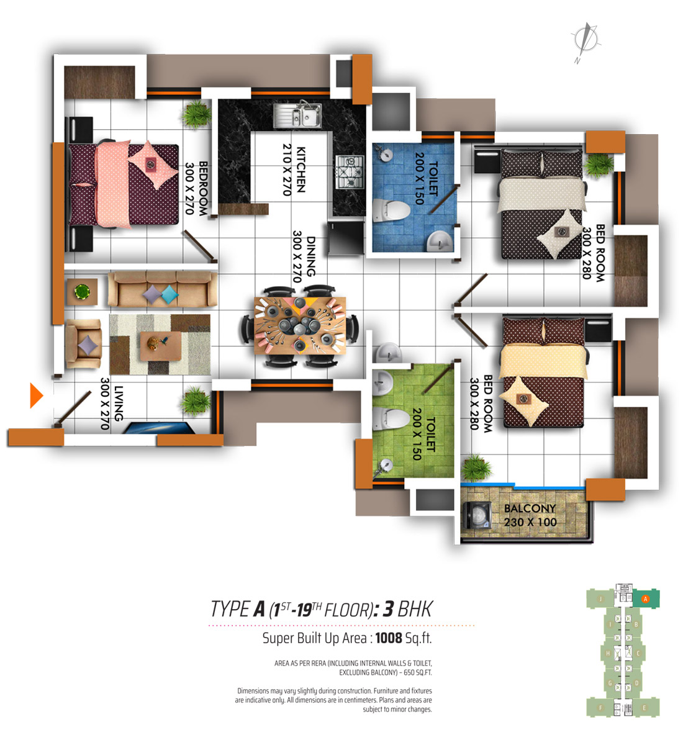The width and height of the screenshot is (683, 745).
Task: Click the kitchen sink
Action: [297, 115]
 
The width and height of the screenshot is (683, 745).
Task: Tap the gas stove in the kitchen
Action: [350, 172]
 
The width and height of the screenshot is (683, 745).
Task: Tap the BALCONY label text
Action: [530, 508]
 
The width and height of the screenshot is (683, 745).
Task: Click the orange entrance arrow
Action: [37, 395]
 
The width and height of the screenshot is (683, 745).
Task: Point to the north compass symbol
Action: [586, 42]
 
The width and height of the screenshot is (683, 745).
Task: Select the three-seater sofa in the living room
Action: [163, 289]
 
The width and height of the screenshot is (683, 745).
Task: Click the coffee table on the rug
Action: [161, 346]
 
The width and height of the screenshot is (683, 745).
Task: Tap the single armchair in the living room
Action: [83, 343]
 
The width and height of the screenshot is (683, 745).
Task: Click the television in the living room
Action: [159, 428]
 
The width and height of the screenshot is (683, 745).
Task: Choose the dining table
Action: [300, 326]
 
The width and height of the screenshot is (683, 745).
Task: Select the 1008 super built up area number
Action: [389, 638]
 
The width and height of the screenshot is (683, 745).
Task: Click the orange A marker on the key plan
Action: [646, 598]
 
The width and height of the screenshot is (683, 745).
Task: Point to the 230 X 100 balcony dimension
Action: [530, 522]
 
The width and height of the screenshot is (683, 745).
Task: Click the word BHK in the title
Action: [415, 609]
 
